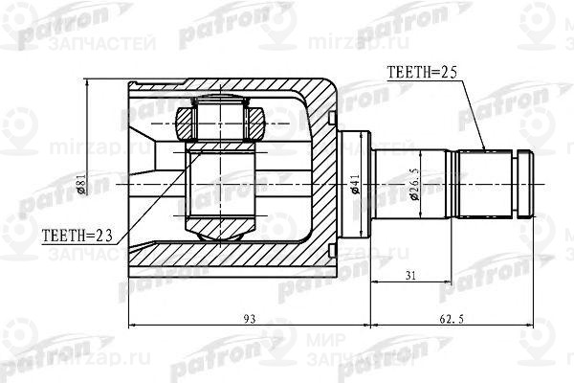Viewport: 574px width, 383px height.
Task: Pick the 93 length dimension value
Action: (223, 318)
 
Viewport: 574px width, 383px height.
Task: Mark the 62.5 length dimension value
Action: (453, 318)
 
